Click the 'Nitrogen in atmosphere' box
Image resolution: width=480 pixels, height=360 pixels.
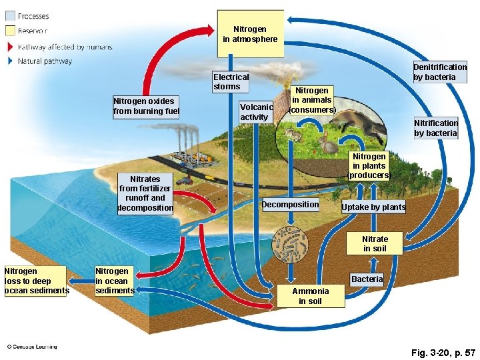(x=250, y=35)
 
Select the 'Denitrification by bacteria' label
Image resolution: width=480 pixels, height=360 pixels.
(x=440, y=72)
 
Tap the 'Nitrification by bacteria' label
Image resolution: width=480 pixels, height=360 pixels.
(x=436, y=128)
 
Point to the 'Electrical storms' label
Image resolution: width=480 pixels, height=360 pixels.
(x=231, y=81)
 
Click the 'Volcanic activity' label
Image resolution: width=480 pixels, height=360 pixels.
(x=256, y=112)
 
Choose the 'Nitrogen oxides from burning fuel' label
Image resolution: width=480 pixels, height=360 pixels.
(x=146, y=107)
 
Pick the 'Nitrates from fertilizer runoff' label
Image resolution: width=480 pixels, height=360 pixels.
(x=145, y=193)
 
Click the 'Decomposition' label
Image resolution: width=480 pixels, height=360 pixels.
(x=291, y=205)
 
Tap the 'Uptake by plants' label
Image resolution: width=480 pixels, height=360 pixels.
(x=373, y=207)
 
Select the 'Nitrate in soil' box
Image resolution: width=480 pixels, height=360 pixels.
(x=375, y=244)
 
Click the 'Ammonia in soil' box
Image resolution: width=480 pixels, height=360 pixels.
(x=311, y=296)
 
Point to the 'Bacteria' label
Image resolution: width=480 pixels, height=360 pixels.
(x=367, y=279)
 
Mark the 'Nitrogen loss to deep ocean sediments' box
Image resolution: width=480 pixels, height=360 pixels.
(x=35, y=281)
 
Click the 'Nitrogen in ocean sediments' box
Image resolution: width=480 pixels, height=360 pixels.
(x=115, y=281)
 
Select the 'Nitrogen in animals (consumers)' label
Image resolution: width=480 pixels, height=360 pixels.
(x=312, y=100)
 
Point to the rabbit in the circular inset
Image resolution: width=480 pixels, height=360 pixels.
(x=327, y=143)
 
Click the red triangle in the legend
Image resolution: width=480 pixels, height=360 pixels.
(x=9, y=47)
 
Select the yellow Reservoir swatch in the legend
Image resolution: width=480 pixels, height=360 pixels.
(x=9, y=31)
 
